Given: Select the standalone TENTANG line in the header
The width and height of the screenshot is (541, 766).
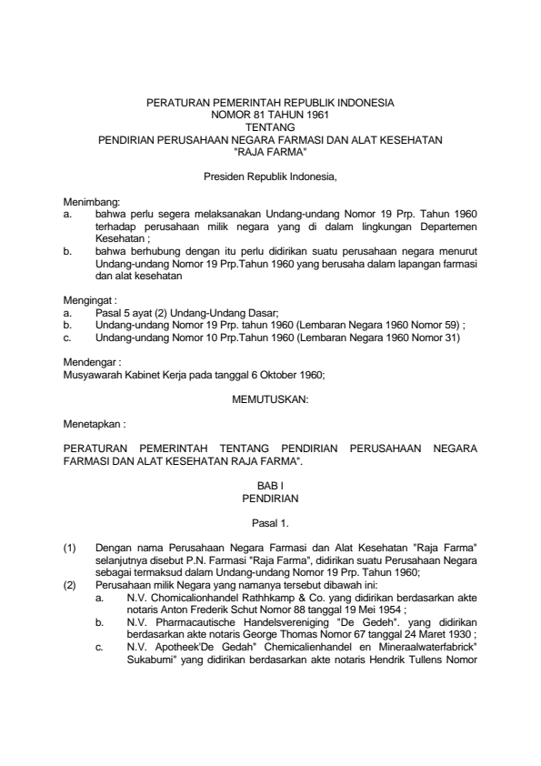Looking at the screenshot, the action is pos(269,128).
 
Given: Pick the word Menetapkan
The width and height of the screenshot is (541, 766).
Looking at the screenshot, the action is pos(89,423).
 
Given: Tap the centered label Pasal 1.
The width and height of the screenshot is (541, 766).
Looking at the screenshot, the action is pos(270,523).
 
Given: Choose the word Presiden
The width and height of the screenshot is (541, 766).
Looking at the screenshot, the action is pos(227,172).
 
